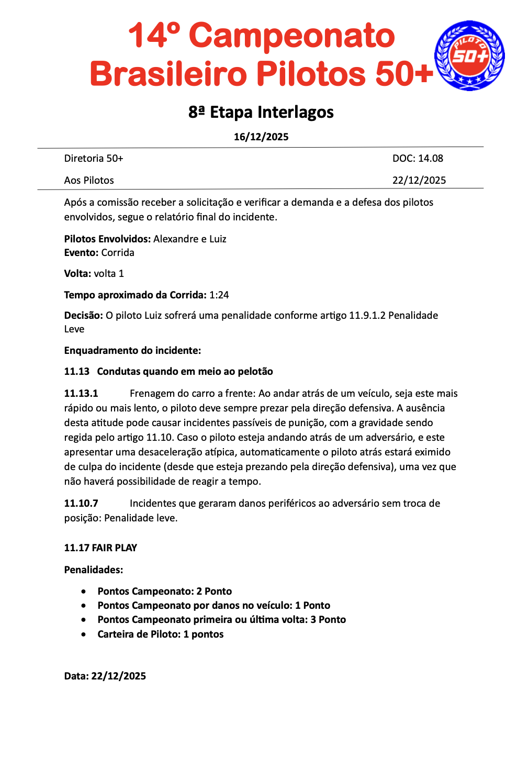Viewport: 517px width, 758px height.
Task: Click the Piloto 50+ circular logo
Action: (x=469, y=55)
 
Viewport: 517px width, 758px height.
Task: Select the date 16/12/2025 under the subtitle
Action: (x=261, y=137)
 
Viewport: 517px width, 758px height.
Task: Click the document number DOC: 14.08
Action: (x=418, y=158)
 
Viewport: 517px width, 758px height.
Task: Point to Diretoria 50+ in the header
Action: (x=94, y=158)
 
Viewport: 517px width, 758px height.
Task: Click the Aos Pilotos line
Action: (x=89, y=180)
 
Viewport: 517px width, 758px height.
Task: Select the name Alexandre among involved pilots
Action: (x=176, y=239)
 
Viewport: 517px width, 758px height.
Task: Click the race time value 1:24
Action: (x=219, y=295)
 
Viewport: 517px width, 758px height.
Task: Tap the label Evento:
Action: (x=81, y=253)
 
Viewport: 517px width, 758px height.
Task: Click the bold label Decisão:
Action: (x=83, y=316)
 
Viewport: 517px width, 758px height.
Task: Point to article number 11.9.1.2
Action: (x=367, y=316)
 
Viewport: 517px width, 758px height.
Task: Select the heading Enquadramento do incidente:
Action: (x=132, y=350)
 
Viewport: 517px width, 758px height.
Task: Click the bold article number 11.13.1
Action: (x=81, y=394)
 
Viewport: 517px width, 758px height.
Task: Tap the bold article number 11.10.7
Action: (x=81, y=504)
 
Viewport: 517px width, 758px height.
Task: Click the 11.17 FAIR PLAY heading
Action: (x=100, y=548)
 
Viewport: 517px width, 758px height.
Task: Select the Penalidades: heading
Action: (x=94, y=570)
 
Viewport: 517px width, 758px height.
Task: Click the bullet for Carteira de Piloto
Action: (x=84, y=634)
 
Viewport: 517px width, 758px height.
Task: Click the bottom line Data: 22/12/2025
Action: (x=105, y=676)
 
